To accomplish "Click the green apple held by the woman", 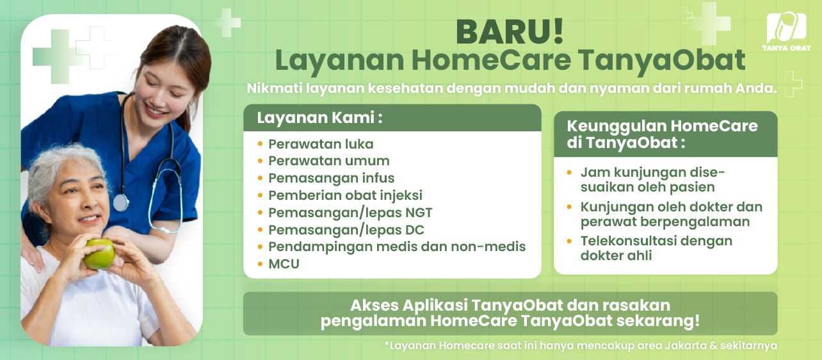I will tap(99, 254).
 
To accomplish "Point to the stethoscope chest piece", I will tap(120, 202).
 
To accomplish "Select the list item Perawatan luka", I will tap(321, 144).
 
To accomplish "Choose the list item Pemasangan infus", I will tap(331, 178).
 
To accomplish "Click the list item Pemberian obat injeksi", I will tap(345, 195).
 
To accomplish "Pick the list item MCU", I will tap(284, 264).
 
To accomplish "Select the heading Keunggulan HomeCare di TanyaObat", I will tap(662, 134).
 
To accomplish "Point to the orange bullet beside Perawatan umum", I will tap(260, 161).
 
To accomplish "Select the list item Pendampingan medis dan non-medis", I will tap(397, 247).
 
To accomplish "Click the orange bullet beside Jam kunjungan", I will tap(570, 173).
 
